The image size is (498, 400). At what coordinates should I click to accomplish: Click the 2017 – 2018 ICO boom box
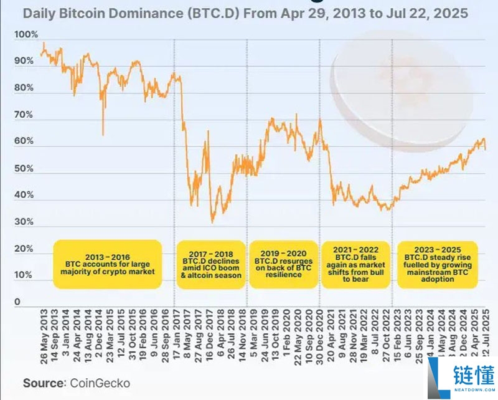tap(210, 264)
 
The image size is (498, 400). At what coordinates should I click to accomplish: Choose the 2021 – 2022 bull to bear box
tap(355, 264)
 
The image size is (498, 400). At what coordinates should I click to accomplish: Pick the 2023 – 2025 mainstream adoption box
tap(436, 264)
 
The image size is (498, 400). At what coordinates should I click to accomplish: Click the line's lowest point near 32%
tap(212, 221)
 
